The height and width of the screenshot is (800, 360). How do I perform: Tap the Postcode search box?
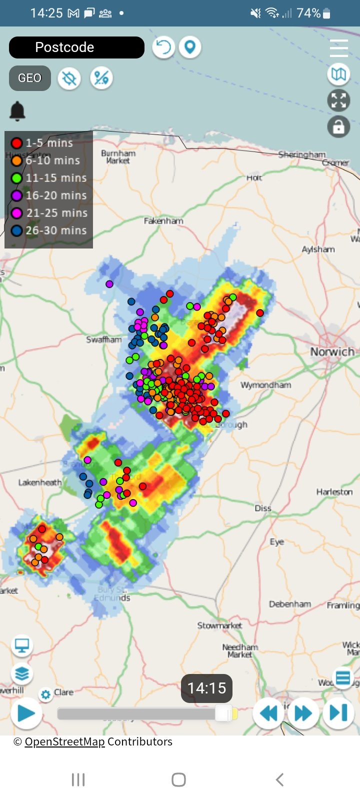tap(76, 47)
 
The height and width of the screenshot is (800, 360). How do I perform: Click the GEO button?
tap(30, 78)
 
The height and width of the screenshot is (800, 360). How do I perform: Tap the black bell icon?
tap(17, 110)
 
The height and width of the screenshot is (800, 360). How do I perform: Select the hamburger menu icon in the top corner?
tap(338, 48)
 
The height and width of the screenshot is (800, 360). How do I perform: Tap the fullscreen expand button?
tap(338, 100)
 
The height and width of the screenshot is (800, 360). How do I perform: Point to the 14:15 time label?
tap(206, 688)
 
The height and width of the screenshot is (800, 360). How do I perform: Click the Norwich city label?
tap(332, 352)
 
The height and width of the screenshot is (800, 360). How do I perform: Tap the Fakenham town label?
tap(163, 220)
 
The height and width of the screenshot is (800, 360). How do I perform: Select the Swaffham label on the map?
tap(104, 339)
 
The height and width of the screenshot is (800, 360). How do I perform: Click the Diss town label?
tap(263, 508)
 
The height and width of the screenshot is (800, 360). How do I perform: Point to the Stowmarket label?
tap(219, 625)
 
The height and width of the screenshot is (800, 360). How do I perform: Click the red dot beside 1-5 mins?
tap(17, 143)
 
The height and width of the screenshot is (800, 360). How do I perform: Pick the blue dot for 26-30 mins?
tap(17, 230)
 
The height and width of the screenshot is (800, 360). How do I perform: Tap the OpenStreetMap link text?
tap(64, 741)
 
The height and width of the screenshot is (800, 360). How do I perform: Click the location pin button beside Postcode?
tap(190, 47)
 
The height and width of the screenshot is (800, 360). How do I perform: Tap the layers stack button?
tap(21, 673)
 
